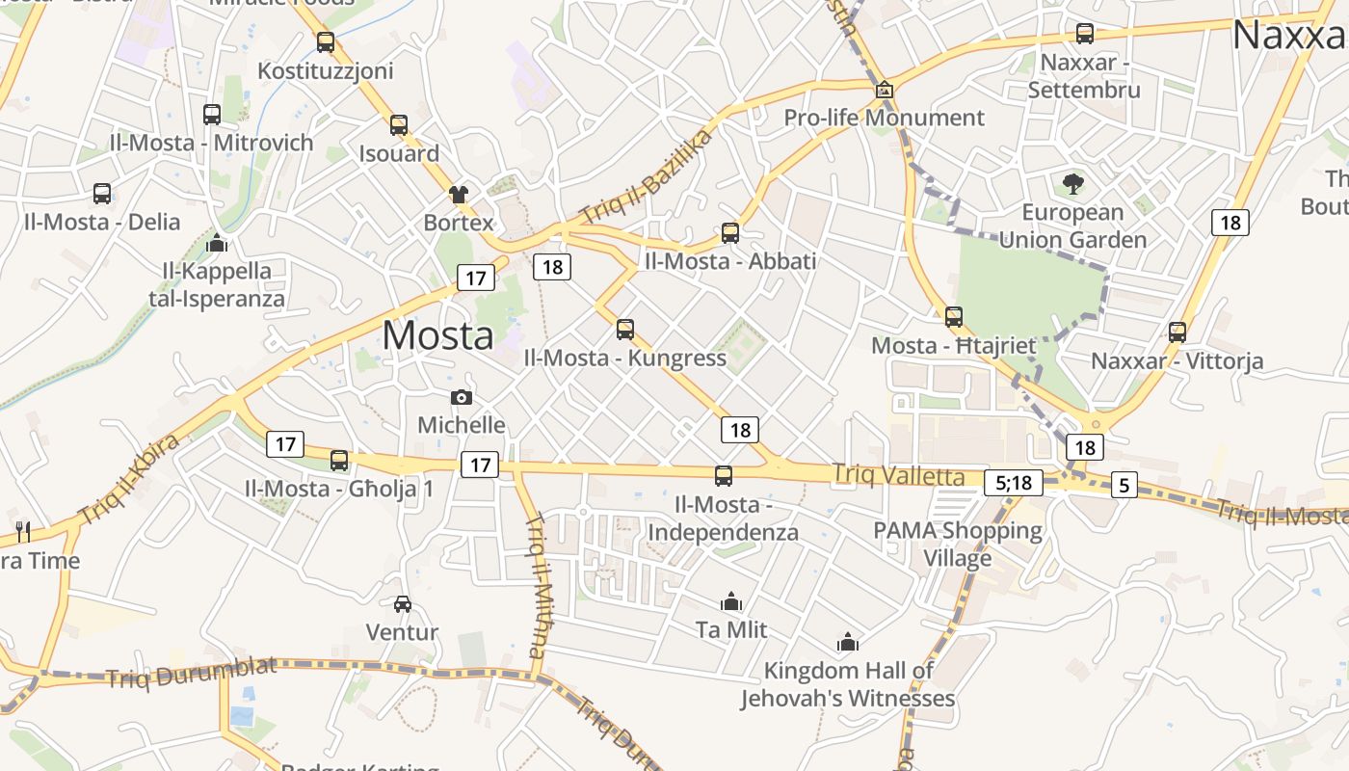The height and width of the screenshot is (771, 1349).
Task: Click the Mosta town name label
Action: coord(438,335)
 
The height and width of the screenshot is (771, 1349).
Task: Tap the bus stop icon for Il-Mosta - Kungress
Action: coord(625,330)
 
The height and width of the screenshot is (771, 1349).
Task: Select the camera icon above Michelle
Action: coord(462,397)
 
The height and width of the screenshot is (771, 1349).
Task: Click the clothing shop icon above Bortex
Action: coord(459,194)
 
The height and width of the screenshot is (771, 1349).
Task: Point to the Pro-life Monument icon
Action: coord(885,90)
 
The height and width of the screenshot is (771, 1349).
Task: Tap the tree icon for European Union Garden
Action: coord(1072,183)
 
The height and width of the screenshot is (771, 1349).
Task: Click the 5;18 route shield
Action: coord(1014,482)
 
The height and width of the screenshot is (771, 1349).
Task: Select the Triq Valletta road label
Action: coord(898,475)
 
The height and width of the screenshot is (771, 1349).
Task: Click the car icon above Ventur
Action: coord(403,604)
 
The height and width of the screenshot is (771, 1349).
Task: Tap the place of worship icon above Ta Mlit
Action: coord(731,601)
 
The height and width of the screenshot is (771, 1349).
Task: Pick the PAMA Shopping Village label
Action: coord(958,544)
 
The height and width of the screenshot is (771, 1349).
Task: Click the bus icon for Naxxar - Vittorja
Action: coord(1177,332)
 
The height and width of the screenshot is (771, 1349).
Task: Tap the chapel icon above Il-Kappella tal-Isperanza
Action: coord(217,242)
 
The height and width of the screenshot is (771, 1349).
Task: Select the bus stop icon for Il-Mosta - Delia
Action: coord(102,193)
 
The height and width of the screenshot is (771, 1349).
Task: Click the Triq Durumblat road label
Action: coord(192,671)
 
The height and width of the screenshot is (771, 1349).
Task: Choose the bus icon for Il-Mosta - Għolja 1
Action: coord(339,460)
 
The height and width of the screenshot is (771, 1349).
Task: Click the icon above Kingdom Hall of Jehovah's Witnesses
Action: coord(848,641)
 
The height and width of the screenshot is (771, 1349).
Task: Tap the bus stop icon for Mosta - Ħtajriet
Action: coord(954,316)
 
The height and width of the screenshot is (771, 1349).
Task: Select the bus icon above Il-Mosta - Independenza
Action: coord(724,475)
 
